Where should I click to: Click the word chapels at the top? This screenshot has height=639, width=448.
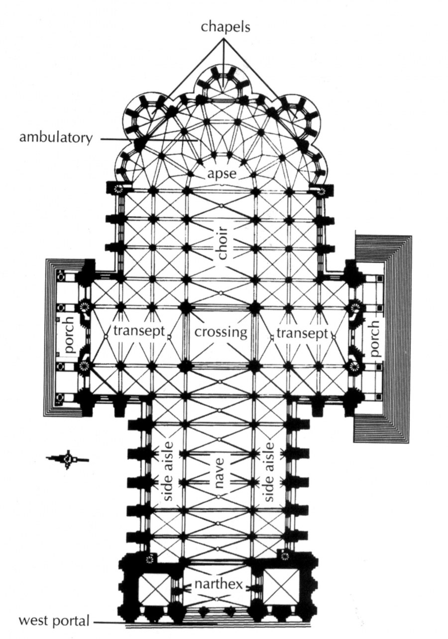[225, 27]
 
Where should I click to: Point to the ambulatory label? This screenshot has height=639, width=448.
[56, 137]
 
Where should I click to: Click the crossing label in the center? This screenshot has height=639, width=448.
[221, 332]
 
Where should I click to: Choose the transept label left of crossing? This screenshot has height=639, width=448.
[138, 332]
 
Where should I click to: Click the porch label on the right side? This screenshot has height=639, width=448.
[375, 338]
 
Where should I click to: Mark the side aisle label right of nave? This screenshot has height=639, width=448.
[270, 471]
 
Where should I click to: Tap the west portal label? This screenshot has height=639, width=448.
[55, 621]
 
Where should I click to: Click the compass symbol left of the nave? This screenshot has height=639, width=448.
[68, 459]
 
